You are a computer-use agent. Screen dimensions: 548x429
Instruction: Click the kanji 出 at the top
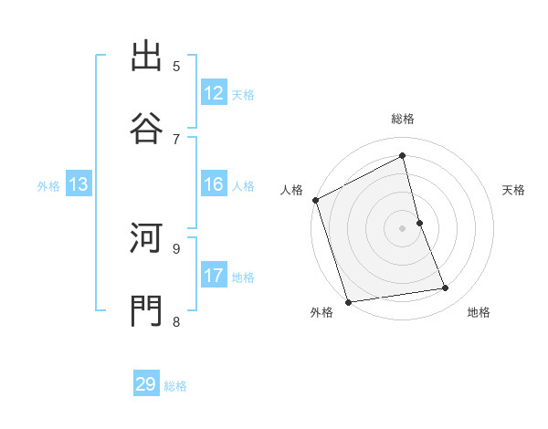click(x=147, y=58)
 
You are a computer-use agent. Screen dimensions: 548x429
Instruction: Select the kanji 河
click(x=147, y=240)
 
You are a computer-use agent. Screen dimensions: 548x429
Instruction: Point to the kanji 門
click(x=147, y=309)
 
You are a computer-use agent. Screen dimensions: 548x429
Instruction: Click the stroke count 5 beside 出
click(x=176, y=66)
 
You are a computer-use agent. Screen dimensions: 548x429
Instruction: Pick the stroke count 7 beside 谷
click(x=176, y=138)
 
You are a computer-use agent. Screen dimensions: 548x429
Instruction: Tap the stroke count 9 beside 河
click(x=176, y=247)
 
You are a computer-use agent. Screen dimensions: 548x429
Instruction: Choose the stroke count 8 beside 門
click(x=176, y=320)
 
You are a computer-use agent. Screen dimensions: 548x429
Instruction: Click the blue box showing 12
click(x=214, y=93)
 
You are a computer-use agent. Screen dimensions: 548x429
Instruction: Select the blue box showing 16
click(x=214, y=184)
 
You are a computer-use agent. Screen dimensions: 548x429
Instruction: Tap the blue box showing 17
click(x=214, y=276)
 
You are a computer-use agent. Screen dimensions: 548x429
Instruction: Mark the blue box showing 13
click(x=79, y=184)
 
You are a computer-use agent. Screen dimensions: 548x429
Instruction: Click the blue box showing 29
click(x=146, y=384)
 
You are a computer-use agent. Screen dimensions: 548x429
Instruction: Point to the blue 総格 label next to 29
click(x=176, y=386)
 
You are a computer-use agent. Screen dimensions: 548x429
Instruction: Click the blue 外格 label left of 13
click(x=48, y=186)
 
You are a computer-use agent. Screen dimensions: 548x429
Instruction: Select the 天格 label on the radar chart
click(x=514, y=190)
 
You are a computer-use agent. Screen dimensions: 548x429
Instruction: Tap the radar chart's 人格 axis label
click(x=292, y=190)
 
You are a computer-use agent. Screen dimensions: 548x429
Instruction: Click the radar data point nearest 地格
click(x=446, y=288)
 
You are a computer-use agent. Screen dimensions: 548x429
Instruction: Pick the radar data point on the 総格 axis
click(x=403, y=156)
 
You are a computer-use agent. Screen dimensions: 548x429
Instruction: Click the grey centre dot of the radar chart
click(x=403, y=228)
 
